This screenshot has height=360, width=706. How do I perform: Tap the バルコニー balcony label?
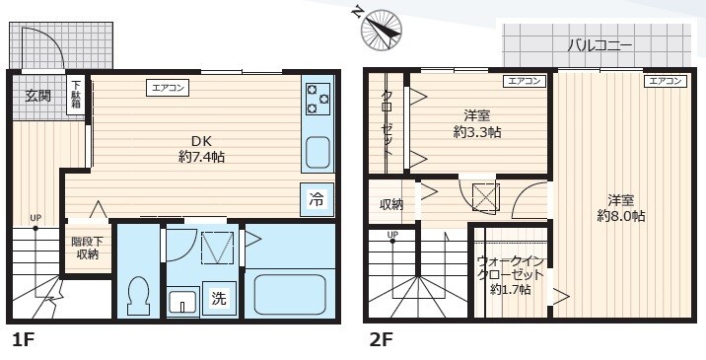point(600,45)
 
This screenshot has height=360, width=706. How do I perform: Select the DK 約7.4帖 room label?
point(201,148)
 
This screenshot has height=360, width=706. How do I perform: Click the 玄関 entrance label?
point(38,96)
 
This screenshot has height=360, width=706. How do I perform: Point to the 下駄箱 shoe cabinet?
point(76,95)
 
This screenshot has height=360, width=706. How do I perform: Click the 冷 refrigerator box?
point(317,199)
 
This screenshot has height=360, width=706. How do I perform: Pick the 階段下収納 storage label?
point(85,248)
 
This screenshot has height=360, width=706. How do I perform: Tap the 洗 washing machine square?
point(218,300)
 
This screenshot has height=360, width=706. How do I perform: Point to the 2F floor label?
point(381,341)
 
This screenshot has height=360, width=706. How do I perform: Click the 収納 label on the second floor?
point(391,205)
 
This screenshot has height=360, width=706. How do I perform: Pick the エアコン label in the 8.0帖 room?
point(667,81)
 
